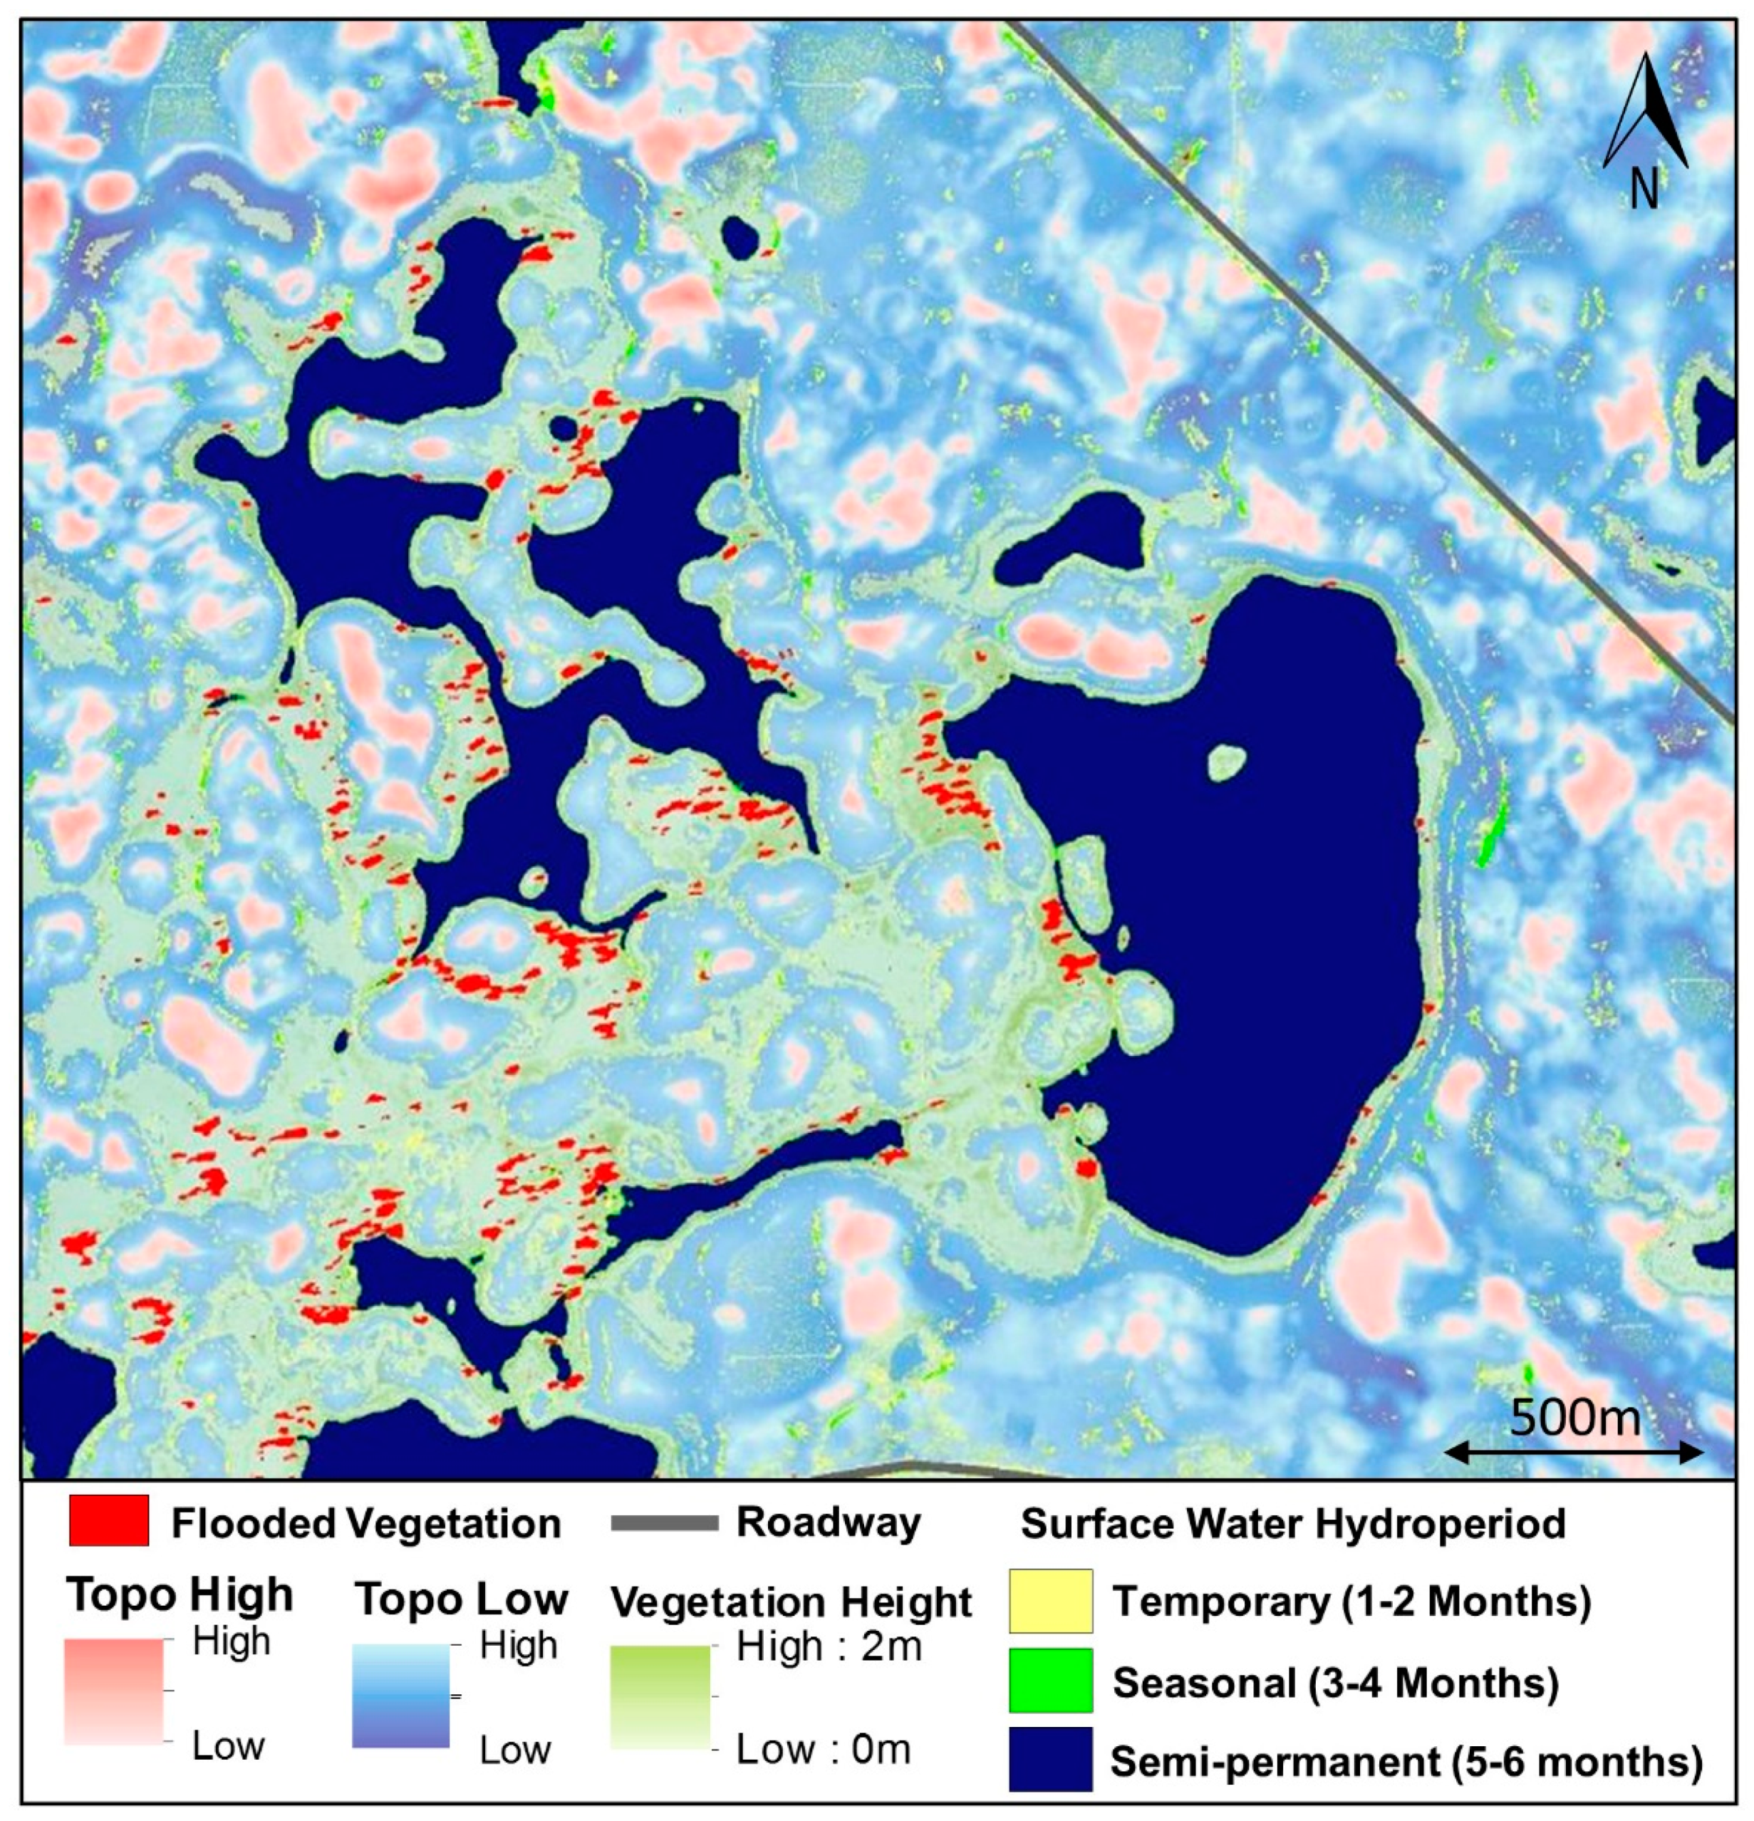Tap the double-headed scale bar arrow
coord(1574,1452)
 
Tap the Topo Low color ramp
coord(401,1695)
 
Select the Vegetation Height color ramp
coord(660,1696)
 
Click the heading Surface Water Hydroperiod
coord(1293,1524)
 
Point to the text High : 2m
coord(829,1646)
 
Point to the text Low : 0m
coord(823,1748)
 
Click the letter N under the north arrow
coord(1644,190)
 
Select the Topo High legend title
coord(180,1595)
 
